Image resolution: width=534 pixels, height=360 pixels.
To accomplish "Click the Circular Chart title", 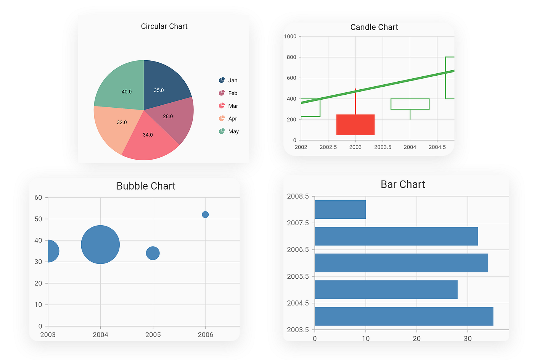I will click(x=164, y=26).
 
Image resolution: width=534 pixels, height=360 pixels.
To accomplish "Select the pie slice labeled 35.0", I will click(x=164, y=86).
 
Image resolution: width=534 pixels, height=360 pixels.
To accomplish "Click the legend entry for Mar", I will click(x=228, y=106).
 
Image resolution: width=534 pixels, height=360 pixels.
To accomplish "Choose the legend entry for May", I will click(x=228, y=131).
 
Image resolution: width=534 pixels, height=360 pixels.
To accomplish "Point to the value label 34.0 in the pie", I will click(x=148, y=135).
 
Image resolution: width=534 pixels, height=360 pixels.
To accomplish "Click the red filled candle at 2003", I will click(x=355, y=125).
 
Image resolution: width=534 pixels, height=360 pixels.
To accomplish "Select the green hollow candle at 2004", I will click(x=410, y=104).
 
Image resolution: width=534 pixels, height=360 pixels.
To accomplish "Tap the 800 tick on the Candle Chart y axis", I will click(x=291, y=57).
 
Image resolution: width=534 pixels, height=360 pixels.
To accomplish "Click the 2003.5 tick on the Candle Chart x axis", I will click(x=383, y=147).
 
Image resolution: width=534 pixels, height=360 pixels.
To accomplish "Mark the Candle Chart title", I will click(x=374, y=27).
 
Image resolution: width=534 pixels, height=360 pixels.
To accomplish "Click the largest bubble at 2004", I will click(x=100, y=245).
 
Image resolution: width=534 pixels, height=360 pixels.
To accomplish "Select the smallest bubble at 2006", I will click(x=205, y=215).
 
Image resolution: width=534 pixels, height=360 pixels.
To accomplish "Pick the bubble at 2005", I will click(x=153, y=253).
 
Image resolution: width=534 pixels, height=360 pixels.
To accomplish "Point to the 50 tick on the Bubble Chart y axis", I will click(x=38, y=219).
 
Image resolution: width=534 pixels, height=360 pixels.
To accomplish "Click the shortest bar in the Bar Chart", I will click(x=340, y=210).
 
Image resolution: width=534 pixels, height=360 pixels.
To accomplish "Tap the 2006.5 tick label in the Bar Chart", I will click(x=298, y=250).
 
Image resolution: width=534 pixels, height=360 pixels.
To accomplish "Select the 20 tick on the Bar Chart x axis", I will click(x=417, y=339).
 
